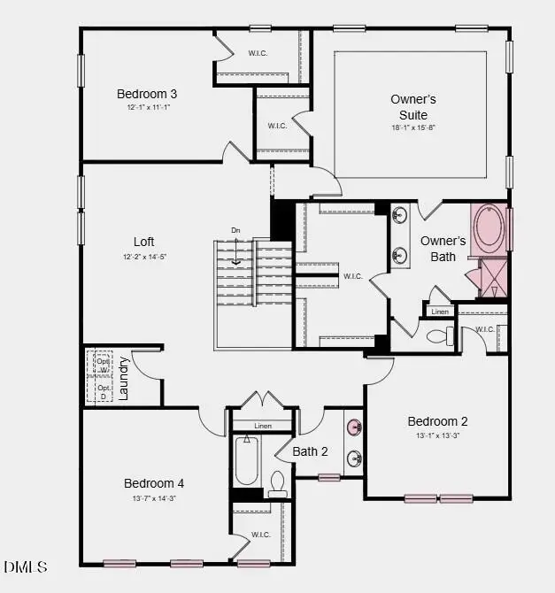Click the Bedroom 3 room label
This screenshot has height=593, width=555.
[x=147, y=94]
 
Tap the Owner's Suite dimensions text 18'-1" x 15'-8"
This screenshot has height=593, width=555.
[x=413, y=127]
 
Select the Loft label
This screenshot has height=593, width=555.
[x=144, y=241]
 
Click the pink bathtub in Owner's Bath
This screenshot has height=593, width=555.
[x=489, y=228]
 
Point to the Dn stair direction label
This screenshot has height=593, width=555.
[x=235, y=231]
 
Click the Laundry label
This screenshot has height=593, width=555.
[x=124, y=379]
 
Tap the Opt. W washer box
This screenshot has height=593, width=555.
[x=104, y=366]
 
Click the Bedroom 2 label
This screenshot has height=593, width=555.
[x=437, y=421]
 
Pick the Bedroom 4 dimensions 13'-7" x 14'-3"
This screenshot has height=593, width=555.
[x=154, y=498]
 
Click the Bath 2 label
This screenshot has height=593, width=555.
[x=311, y=451]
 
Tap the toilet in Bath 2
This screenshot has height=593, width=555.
[x=277, y=483]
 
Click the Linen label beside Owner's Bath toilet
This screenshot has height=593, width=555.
[x=440, y=312]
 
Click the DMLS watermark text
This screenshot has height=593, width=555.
[x=26, y=566]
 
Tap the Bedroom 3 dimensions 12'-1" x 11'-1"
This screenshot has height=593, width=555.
[x=147, y=108]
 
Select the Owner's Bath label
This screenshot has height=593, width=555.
[x=443, y=249]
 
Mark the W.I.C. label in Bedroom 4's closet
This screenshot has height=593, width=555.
[x=260, y=535]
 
